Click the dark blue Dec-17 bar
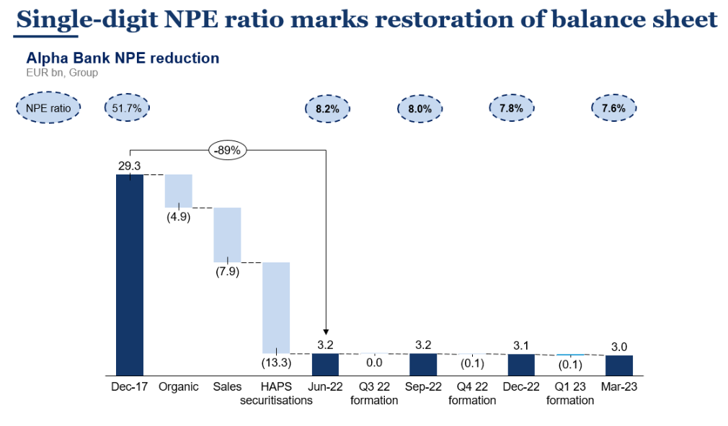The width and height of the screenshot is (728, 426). (x=130, y=274)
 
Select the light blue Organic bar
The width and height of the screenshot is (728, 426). (x=179, y=190)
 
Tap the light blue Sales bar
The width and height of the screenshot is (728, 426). (x=227, y=234)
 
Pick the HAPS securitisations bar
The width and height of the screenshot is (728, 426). (x=276, y=306)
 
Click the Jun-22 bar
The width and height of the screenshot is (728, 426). (x=325, y=364)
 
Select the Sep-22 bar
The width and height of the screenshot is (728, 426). (x=423, y=364)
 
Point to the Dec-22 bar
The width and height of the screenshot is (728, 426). (x=521, y=364)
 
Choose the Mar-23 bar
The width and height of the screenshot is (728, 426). (x=619, y=365)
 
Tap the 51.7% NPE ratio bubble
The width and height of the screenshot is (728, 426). (x=128, y=107)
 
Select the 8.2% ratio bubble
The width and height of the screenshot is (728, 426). (x=328, y=109)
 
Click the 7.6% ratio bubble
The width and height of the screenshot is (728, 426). (x=615, y=108)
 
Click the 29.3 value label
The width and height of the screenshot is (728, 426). (x=130, y=166)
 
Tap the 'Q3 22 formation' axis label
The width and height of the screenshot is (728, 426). (x=374, y=393)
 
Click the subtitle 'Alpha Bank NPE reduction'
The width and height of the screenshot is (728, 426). (x=123, y=58)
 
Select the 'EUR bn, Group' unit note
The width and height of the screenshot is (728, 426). (x=62, y=72)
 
